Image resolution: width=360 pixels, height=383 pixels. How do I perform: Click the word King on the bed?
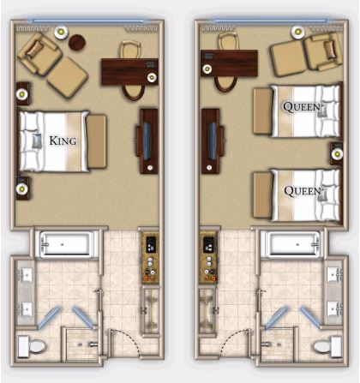click(x=63, y=141)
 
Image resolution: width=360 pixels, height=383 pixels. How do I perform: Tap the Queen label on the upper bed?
click(x=302, y=107)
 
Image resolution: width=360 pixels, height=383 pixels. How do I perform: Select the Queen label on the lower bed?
click(x=303, y=191)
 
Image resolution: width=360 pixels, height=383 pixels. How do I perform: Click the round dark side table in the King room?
click(x=77, y=42)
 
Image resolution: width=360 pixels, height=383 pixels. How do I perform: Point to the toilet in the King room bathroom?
click(x=32, y=347)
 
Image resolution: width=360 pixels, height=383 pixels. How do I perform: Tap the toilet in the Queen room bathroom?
click(x=327, y=347)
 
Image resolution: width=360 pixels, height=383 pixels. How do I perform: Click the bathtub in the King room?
click(x=67, y=244)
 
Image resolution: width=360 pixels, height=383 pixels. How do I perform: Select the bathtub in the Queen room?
click(x=293, y=244)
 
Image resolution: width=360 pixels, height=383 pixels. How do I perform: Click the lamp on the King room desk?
click(x=152, y=77)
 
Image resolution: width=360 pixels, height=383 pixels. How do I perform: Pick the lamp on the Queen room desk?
click(x=207, y=69)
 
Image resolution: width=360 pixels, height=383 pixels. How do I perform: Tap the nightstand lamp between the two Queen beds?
click(x=337, y=154)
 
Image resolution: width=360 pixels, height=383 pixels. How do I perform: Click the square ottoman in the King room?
click(x=68, y=77)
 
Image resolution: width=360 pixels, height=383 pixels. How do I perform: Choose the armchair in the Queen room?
click(x=324, y=51)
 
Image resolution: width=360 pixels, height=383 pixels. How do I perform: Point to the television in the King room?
click(x=147, y=141)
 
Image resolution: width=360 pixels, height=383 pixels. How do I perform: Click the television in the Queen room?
click(x=212, y=141)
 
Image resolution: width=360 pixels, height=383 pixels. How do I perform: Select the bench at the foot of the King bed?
click(x=97, y=141)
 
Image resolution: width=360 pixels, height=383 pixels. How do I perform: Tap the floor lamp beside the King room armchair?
click(x=61, y=33)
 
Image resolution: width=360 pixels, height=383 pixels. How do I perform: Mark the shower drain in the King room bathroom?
click(x=80, y=345)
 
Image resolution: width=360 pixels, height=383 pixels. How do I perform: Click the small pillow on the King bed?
click(x=37, y=141)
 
